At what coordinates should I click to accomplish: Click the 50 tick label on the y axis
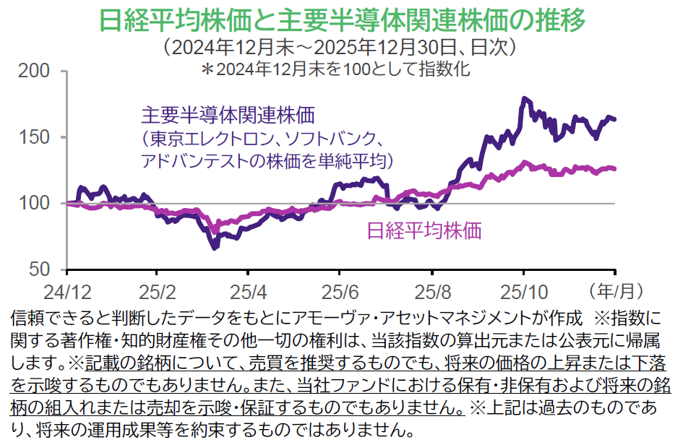[x=40, y=269]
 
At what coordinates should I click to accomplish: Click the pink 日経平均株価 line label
[x=424, y=230]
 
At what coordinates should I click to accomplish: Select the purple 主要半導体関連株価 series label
[x=228, y=116]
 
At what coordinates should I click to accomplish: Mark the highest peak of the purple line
[x=524, y=98]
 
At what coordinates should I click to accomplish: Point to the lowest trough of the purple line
[x=215, y=248]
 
